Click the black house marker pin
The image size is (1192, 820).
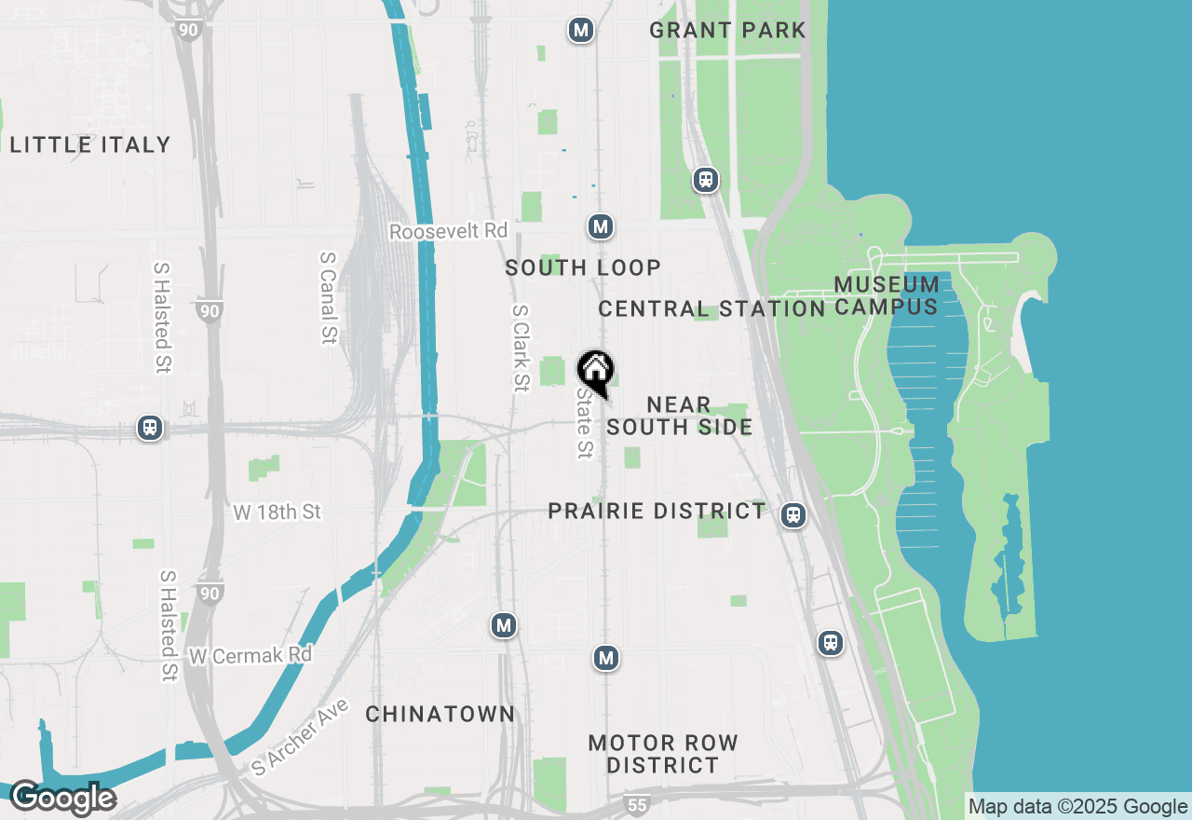pos(595,371)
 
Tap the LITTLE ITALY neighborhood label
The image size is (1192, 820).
pos(90,144)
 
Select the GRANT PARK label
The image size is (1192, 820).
pos(727,30)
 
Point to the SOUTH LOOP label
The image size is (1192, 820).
pos(583,268)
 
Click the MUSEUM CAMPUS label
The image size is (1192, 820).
pos(887,295)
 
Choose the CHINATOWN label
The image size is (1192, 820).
pos(440,715)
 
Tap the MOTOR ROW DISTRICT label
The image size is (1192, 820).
pos(663,754)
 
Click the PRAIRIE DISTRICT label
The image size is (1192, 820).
pos(657,511)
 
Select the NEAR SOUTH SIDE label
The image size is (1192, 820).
pos(679,416)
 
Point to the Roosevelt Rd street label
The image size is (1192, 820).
pos(448,231)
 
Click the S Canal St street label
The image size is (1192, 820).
pos(327,297)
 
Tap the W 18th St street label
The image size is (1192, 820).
pos(277,512)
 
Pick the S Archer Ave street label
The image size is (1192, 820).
pos(300,737)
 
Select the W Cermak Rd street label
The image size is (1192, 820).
pos(250,656)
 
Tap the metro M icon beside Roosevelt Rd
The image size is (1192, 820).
pos(601,226)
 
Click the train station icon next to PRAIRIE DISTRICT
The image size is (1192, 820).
pos(793,515)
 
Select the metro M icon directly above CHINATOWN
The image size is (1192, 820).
pos(504,626)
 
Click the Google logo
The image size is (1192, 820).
pos(62,799)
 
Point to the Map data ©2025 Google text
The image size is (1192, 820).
pos(1077,807)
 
